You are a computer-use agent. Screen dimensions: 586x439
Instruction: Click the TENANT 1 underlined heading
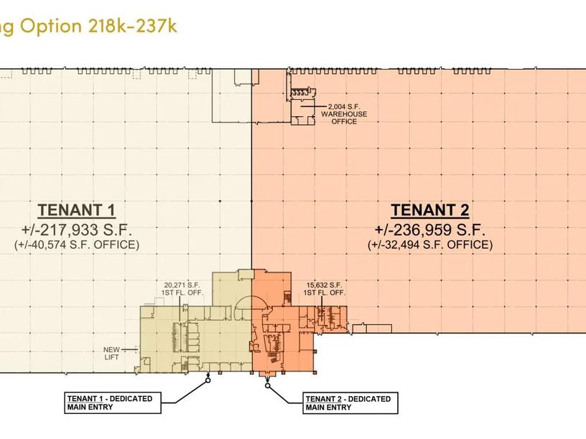[x=76, y=210]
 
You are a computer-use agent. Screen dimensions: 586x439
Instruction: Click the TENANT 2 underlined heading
[x=429, y=210]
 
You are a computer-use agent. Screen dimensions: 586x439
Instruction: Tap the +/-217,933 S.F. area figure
[x=77, y=230]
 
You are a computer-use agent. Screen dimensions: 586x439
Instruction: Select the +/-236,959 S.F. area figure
[x=429, y=230]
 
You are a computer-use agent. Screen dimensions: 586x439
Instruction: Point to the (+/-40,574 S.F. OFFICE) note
[x=77, y=245]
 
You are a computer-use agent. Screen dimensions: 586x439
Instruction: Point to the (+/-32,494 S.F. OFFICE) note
[x=430, y=245]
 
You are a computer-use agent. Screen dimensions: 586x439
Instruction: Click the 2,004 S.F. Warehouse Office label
[x=344, y=114]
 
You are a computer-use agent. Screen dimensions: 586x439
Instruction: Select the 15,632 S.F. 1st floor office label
[x=324, y=289]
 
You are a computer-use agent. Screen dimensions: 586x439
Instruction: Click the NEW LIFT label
[x=111, y=354]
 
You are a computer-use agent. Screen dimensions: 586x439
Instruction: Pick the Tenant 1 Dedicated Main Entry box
[x=113, y=403]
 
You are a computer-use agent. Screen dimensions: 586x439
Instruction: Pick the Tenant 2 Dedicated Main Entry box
[x=350, y=403]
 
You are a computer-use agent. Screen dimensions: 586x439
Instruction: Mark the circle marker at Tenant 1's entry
[x=208, y=380]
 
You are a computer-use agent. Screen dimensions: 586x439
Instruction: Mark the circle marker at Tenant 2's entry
[x=268, y=385]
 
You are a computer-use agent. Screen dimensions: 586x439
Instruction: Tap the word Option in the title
[x=50, y=27]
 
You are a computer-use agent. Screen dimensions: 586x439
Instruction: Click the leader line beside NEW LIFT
[x=129, y=350]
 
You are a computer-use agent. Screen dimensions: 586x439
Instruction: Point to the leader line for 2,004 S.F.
[x=315, y=106]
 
